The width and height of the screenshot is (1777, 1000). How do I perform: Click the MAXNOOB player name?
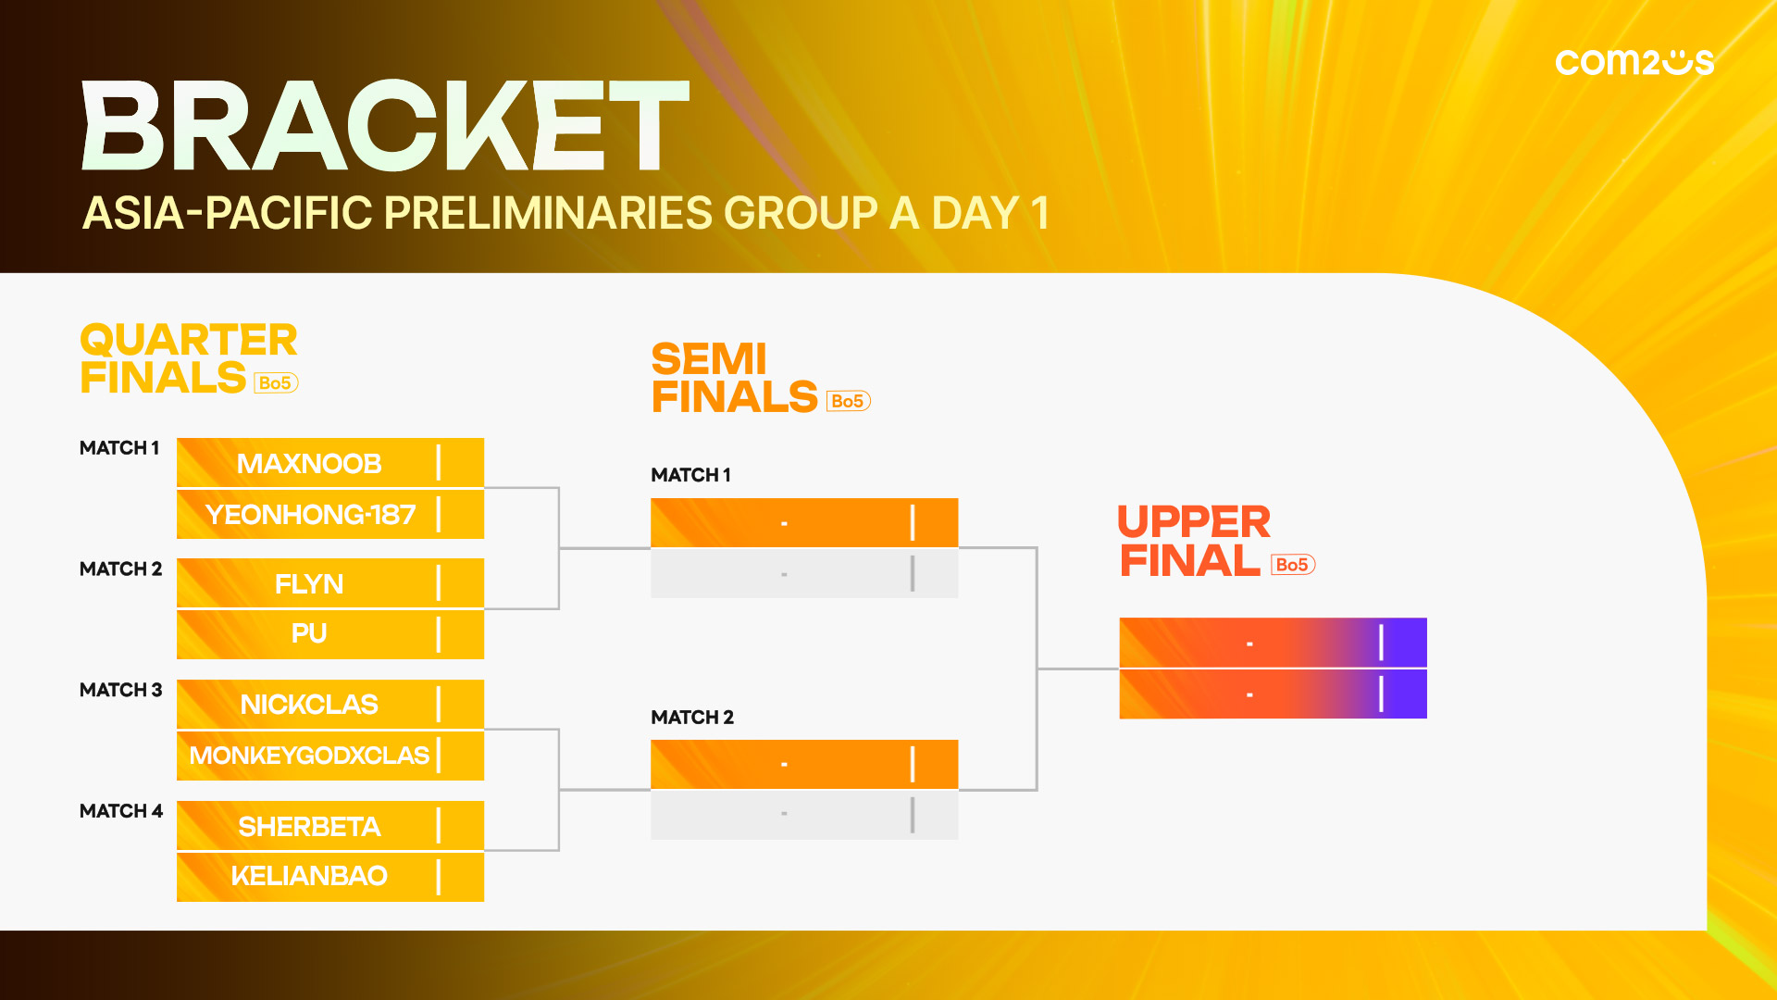(x=309, y=463)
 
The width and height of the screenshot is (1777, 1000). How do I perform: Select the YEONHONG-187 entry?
(x=310, y=514)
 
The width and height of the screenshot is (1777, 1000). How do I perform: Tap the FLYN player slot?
(x=309, y=583)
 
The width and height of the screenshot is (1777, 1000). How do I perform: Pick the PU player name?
(x=309, y=633)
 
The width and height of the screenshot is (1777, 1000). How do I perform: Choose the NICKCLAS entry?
(x=309, y=705)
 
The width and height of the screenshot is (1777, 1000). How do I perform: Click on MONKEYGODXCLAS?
(x=309, y=756)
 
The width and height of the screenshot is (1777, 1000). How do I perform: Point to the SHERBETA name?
(x=309, y=826)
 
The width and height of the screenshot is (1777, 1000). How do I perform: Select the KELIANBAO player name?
(x=309, y=876)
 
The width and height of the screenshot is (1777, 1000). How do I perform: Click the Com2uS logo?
(x=1634, y=62)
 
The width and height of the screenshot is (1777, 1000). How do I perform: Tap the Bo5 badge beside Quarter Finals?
(x=276, y=382)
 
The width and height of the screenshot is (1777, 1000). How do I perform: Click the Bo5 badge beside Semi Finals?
(x=849, y=401)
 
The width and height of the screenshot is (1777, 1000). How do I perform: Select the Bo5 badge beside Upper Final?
(x=1293, y=565)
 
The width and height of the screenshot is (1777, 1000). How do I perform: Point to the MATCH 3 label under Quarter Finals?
(x=120, y=690)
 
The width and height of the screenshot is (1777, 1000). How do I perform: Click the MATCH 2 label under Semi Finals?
(x=692, y=718)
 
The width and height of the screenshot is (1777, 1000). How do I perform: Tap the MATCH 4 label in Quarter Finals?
(x=121, y=811)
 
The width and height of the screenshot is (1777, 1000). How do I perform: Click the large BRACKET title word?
(x=386, y=125)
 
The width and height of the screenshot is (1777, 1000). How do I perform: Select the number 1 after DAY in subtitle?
(x=1040, y=213)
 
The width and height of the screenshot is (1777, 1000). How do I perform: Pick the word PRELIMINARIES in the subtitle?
(x=547, y=213)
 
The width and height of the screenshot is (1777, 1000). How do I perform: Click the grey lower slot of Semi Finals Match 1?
(x=804, y=574)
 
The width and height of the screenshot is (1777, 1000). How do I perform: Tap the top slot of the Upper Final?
(x=1273, y=643)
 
